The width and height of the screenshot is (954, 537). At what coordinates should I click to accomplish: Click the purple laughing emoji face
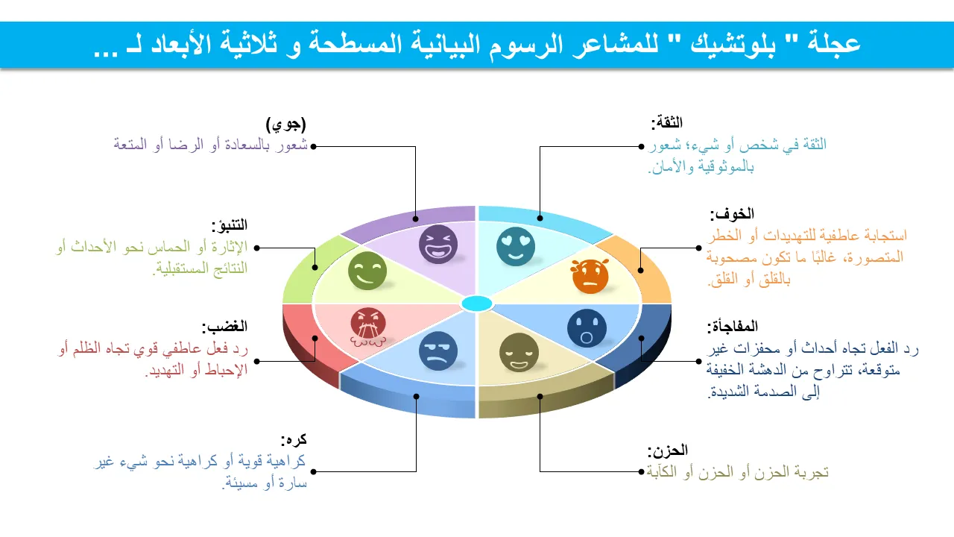tap(437, 244)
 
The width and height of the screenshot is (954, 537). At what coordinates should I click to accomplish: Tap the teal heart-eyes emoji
tap(515, 246)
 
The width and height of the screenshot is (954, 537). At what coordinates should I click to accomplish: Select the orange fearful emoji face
tap(590, 276)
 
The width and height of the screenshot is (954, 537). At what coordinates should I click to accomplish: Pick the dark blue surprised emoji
tap(587, 328)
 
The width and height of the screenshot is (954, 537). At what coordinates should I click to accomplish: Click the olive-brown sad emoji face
tap(519, 353)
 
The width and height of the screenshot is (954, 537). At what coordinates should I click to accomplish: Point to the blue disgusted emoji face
tap(437, 351)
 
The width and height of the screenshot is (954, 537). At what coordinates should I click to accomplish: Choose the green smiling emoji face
tap(367, 271)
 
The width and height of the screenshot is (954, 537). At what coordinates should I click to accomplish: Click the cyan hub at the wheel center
tap(477, 304)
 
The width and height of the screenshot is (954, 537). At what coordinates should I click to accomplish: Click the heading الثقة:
tap(667, 123)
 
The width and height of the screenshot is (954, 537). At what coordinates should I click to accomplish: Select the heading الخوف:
tap(732, 214)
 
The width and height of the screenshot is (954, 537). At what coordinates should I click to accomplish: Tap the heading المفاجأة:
tap(733, 327)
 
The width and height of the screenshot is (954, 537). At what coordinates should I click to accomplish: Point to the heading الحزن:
tap(667, 450)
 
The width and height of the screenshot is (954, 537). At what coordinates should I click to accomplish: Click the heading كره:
tap(294, 439)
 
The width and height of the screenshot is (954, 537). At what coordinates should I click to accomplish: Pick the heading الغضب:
tap(224, 327)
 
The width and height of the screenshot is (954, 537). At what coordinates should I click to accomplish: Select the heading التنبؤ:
tap(229, 224)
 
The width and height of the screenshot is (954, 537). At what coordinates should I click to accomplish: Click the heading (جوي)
tap(285, 125)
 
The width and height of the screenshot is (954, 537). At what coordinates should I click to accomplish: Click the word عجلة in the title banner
tap(834, 43)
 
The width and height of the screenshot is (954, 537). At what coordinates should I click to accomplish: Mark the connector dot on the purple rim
tap(415, 219)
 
